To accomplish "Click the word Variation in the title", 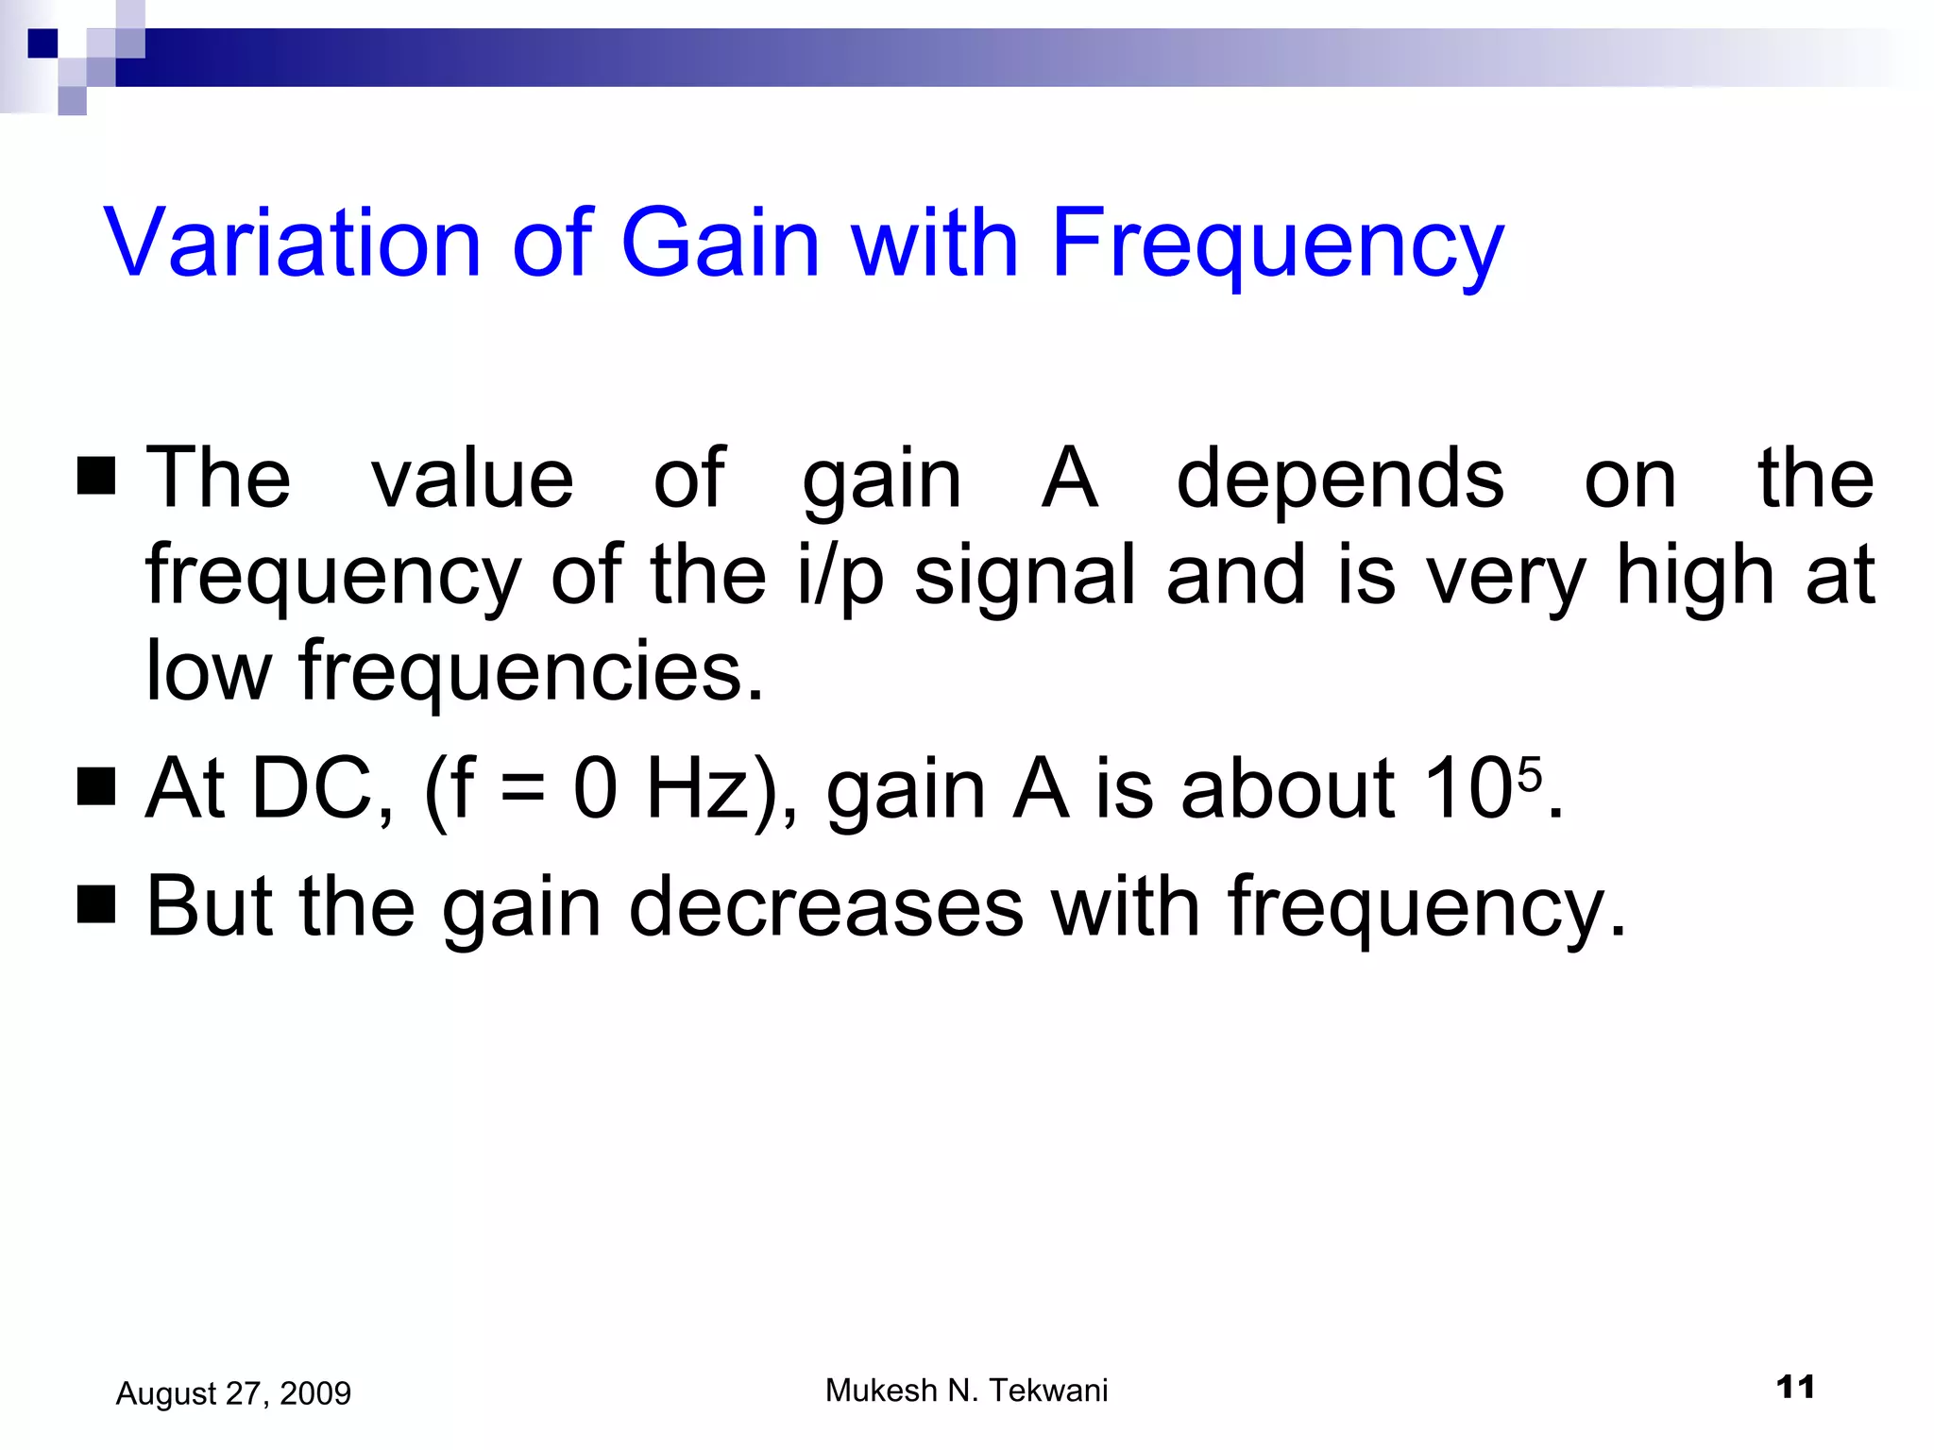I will point(293,244).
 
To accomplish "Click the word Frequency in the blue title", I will point(1277,244).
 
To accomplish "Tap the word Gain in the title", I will point(720,244).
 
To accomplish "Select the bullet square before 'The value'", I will point(96,477).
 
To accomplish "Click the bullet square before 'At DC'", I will point(96,786).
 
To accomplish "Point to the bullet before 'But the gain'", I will point(96,904).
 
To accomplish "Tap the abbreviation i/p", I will point(840,576).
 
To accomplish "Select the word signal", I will point(1024,576).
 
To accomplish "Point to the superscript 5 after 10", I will point(1530,774).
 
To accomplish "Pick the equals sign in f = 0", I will point(522,789).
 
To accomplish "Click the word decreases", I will point(826,906).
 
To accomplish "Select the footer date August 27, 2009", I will point(233,1393).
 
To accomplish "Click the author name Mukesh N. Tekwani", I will point(966,1391).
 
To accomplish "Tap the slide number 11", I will point(1795,1388).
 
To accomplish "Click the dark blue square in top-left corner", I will point(42,43).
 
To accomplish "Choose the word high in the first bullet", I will point(1695,576).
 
